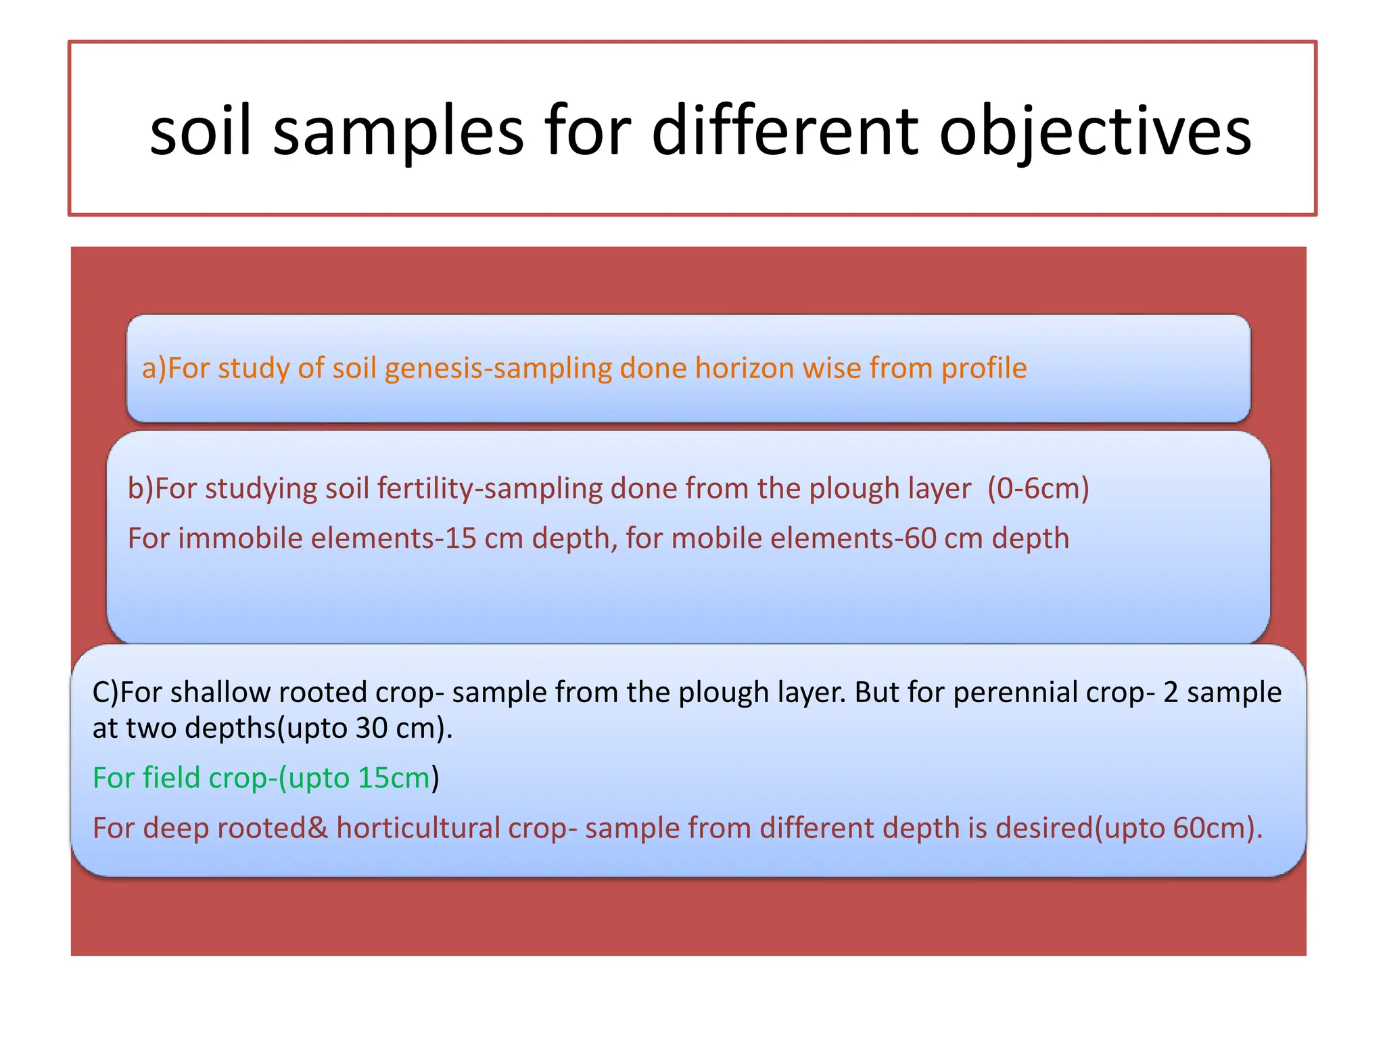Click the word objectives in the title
coord(1096,131)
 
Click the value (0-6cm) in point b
coord(1038,488)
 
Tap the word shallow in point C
coord(220,693)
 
